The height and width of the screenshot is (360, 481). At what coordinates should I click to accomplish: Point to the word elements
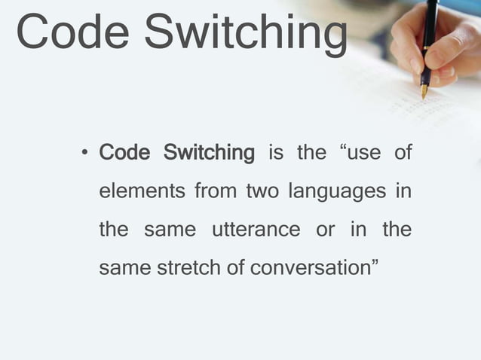coord(141,192)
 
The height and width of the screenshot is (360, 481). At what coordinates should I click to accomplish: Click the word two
coord(259,192)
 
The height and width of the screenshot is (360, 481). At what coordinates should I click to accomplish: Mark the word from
coord(215,192)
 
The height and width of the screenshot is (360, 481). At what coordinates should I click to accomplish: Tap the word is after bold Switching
coord(276,154)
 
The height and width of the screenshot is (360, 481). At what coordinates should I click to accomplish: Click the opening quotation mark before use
coord(345,150)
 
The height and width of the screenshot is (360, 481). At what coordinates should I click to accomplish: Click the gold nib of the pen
coord(424,91)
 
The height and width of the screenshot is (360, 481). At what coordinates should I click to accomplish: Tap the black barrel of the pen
coord(429,34)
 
